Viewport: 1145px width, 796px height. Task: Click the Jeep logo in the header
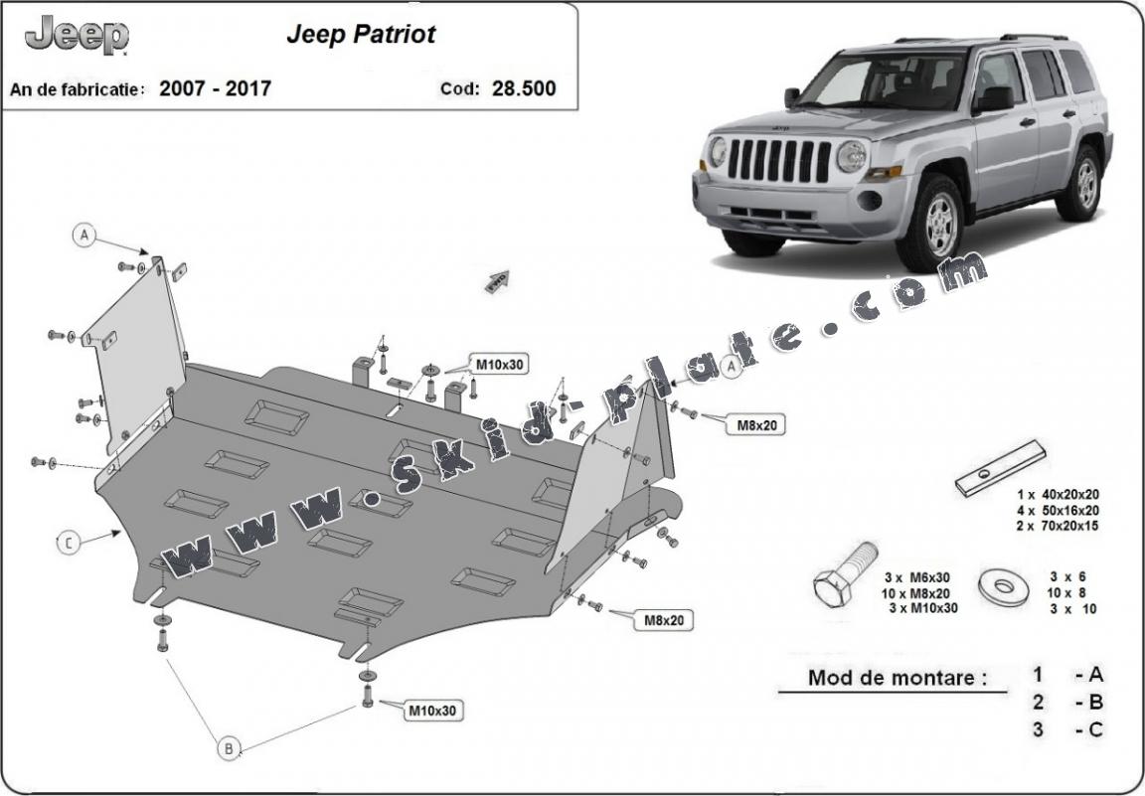pos(77,37)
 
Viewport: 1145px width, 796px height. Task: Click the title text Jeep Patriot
pos(361,35)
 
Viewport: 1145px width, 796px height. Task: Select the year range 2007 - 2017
pos(215,88)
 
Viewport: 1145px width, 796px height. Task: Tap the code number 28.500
pos(523,88)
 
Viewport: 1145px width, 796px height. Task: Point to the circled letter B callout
pos(229,748)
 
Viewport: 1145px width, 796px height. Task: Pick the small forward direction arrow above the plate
pos(496,281)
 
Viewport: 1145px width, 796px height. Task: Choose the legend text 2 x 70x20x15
pos(1057,526)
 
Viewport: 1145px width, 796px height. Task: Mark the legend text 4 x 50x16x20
pos(1057,510)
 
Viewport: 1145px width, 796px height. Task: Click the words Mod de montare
pos(898,679)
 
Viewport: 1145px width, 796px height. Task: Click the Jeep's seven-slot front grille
pos(780,161)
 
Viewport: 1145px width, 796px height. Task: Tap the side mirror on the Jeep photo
pos(993,99)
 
